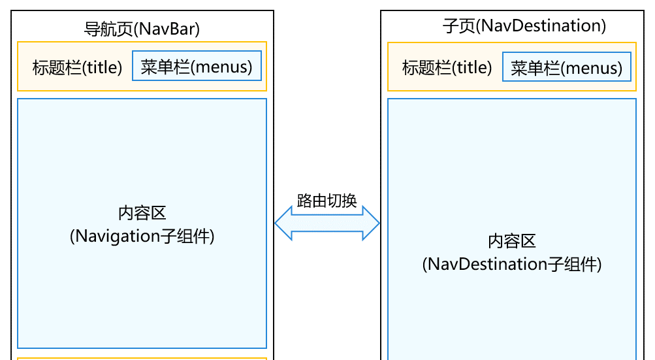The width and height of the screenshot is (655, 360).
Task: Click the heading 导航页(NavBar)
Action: coord(142,29)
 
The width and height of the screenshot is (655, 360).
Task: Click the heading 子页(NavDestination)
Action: coord(524,25)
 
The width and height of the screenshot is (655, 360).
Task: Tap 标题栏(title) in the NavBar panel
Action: coord(77,67)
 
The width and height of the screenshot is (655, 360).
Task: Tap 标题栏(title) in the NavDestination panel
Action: coord(447,67)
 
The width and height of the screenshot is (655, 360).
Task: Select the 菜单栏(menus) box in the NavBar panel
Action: coord(197,67)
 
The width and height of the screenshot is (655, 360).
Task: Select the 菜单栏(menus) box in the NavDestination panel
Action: coord(566,67)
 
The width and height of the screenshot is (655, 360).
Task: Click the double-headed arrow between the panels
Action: coord(327,224)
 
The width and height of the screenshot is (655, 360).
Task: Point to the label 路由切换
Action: coord(327,201)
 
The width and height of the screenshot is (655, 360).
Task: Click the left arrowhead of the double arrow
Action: coord(283,224)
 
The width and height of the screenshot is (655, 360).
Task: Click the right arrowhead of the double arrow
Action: coord(372,224)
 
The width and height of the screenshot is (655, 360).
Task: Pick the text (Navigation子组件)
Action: coord(142,236)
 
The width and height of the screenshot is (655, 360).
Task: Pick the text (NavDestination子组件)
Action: coord(511,264)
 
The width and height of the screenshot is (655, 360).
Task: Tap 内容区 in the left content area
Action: coord(142,213)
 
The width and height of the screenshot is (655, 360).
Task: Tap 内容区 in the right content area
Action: coord(511,241)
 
